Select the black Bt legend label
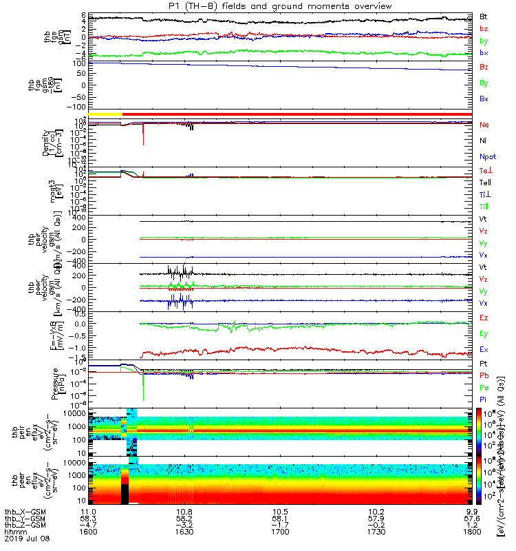(483, 16)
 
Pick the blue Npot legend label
(487, 156)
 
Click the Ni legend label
(483, 141)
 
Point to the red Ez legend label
(483, 318)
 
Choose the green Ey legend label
(483, 333)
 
